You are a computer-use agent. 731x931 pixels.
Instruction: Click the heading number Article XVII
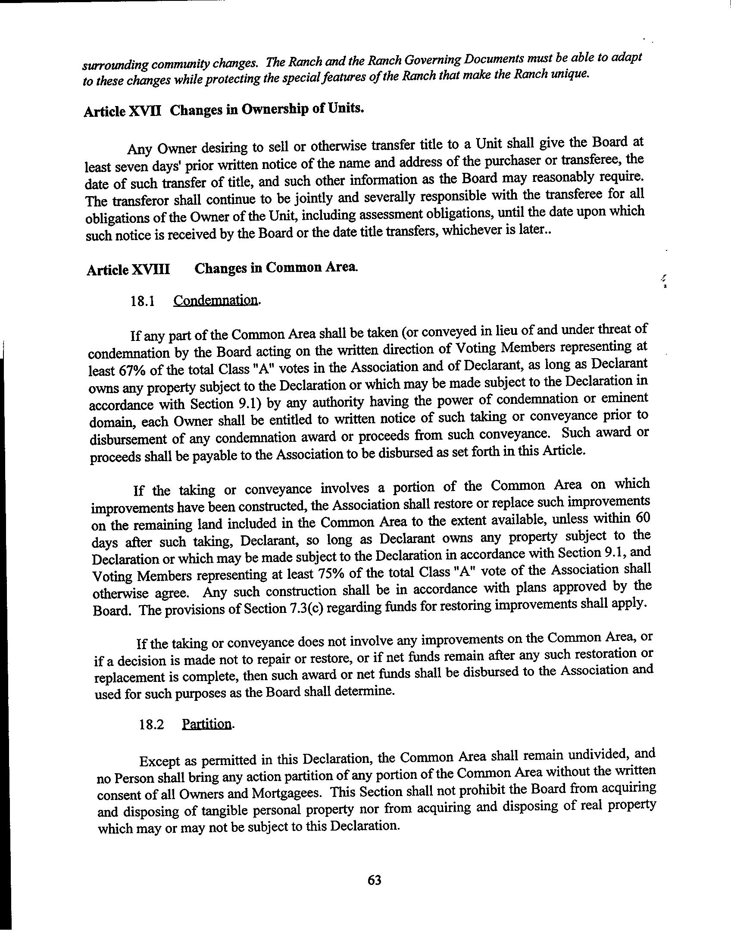coord(123,111)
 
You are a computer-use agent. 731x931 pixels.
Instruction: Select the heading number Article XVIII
coord(128,270)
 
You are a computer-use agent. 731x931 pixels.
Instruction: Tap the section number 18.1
coord(143,301)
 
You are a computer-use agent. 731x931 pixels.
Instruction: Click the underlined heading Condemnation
coord(216,300)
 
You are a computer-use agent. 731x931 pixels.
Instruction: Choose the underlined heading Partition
coord(207,724)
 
